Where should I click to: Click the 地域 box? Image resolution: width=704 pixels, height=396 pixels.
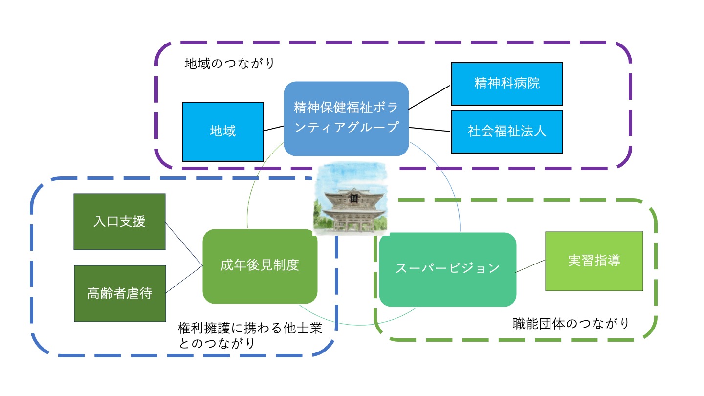click(222, 131)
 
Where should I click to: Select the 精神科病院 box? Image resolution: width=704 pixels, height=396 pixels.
click(506, 84)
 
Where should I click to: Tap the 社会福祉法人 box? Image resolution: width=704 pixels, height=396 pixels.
click(506, 131)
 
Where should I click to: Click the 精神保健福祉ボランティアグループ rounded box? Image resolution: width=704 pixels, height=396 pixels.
click(346, 118)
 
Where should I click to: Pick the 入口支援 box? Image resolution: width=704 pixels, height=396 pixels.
click(119, 221)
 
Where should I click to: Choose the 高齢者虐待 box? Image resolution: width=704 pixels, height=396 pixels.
click(119, 293)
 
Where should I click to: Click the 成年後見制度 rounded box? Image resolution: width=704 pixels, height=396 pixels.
click(260, 266)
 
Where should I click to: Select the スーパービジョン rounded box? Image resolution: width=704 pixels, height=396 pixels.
click(447, 269)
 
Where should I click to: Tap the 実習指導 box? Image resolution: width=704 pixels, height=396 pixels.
click(594, 261)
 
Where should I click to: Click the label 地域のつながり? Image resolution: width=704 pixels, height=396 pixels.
click(230, 64)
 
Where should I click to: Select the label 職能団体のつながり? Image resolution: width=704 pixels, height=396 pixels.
click(570, 323)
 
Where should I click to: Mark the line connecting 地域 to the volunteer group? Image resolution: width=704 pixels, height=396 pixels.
click(274, 129)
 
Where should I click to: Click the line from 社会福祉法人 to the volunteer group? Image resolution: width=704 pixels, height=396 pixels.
click(429, 129)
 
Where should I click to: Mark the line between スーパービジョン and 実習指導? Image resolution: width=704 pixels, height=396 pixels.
click(530, 266)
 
